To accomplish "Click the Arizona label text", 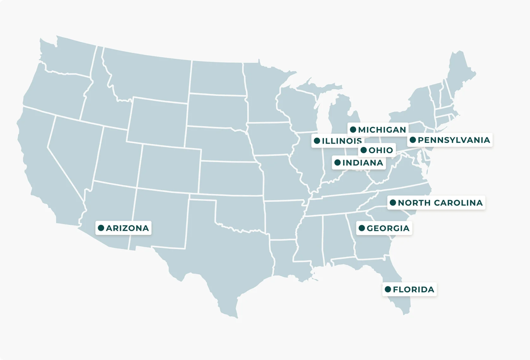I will pyautogui.click(x=127, y=228).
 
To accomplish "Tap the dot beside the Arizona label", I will pyautogui.click(x=101, y=228).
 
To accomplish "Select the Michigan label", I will pyautogui.click(x=382, y=130).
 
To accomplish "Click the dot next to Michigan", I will pyautogui.click(x=353, y=130).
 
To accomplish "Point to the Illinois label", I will pyautogui.click(x=341, y=141).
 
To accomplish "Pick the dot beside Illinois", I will pyautogui.click(x=317, y=141).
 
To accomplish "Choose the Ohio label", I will pyautogui.click(x=380, y=150).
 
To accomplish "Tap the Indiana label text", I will pyautogui.click(x=362, y=163).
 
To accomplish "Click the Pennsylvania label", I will pyautogui.click(x=454, y=140).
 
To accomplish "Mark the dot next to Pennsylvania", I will pyautogui.click(x=413, y=140).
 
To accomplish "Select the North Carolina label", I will pyautogui.click(x=440, y=203).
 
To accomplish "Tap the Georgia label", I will pyautogui.click(x=388, y=228).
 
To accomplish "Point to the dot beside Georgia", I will pyautogui.click(x=362, y=228).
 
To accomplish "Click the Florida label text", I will pyautogui.click(x=413, y=289).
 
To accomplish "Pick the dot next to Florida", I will pyautogui.click(x=388, y=289).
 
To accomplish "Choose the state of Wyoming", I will pyautogui.click(x=158, y=121).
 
